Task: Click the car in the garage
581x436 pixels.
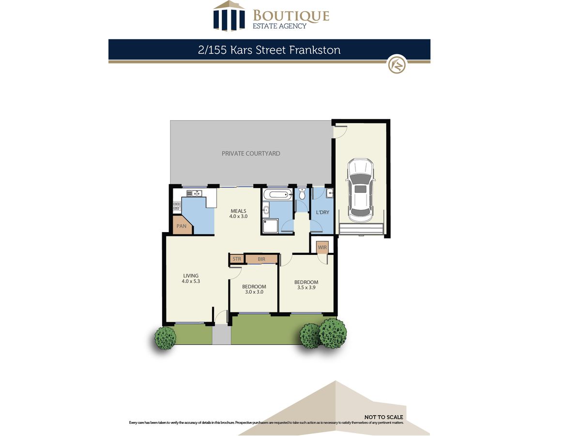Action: click(x=360, y=190)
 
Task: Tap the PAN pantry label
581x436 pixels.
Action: click(x=181, y=226)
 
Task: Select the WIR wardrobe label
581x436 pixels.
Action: click(x=322, y=248)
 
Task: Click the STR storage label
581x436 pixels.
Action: click(x=237, y=259)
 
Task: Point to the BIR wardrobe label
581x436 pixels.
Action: click(x=261, y=259)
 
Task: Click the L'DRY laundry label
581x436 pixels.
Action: click(x=322, y=212)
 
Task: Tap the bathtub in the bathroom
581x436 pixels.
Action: click(x=277, y=195)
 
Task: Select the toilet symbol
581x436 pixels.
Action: click(x=302, y=194)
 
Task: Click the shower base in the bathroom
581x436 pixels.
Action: click(x=270, y=226)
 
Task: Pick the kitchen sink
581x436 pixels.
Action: click(x=194, y=193)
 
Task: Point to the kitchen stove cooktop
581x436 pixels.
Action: click(x=177, y=206)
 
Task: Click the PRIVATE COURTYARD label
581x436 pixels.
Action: click(x=251, y=154)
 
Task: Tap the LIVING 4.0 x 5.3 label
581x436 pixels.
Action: click(x=191, y=279)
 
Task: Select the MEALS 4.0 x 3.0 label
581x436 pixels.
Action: click(x=238, y=214)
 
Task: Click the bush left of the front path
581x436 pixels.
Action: click(x=166, y=338)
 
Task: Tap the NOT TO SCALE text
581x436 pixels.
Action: click(x=383, y=418)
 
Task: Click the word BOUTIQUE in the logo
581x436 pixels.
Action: click(x=291, y=16)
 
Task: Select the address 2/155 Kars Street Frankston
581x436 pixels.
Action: click(x=269, y=50)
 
